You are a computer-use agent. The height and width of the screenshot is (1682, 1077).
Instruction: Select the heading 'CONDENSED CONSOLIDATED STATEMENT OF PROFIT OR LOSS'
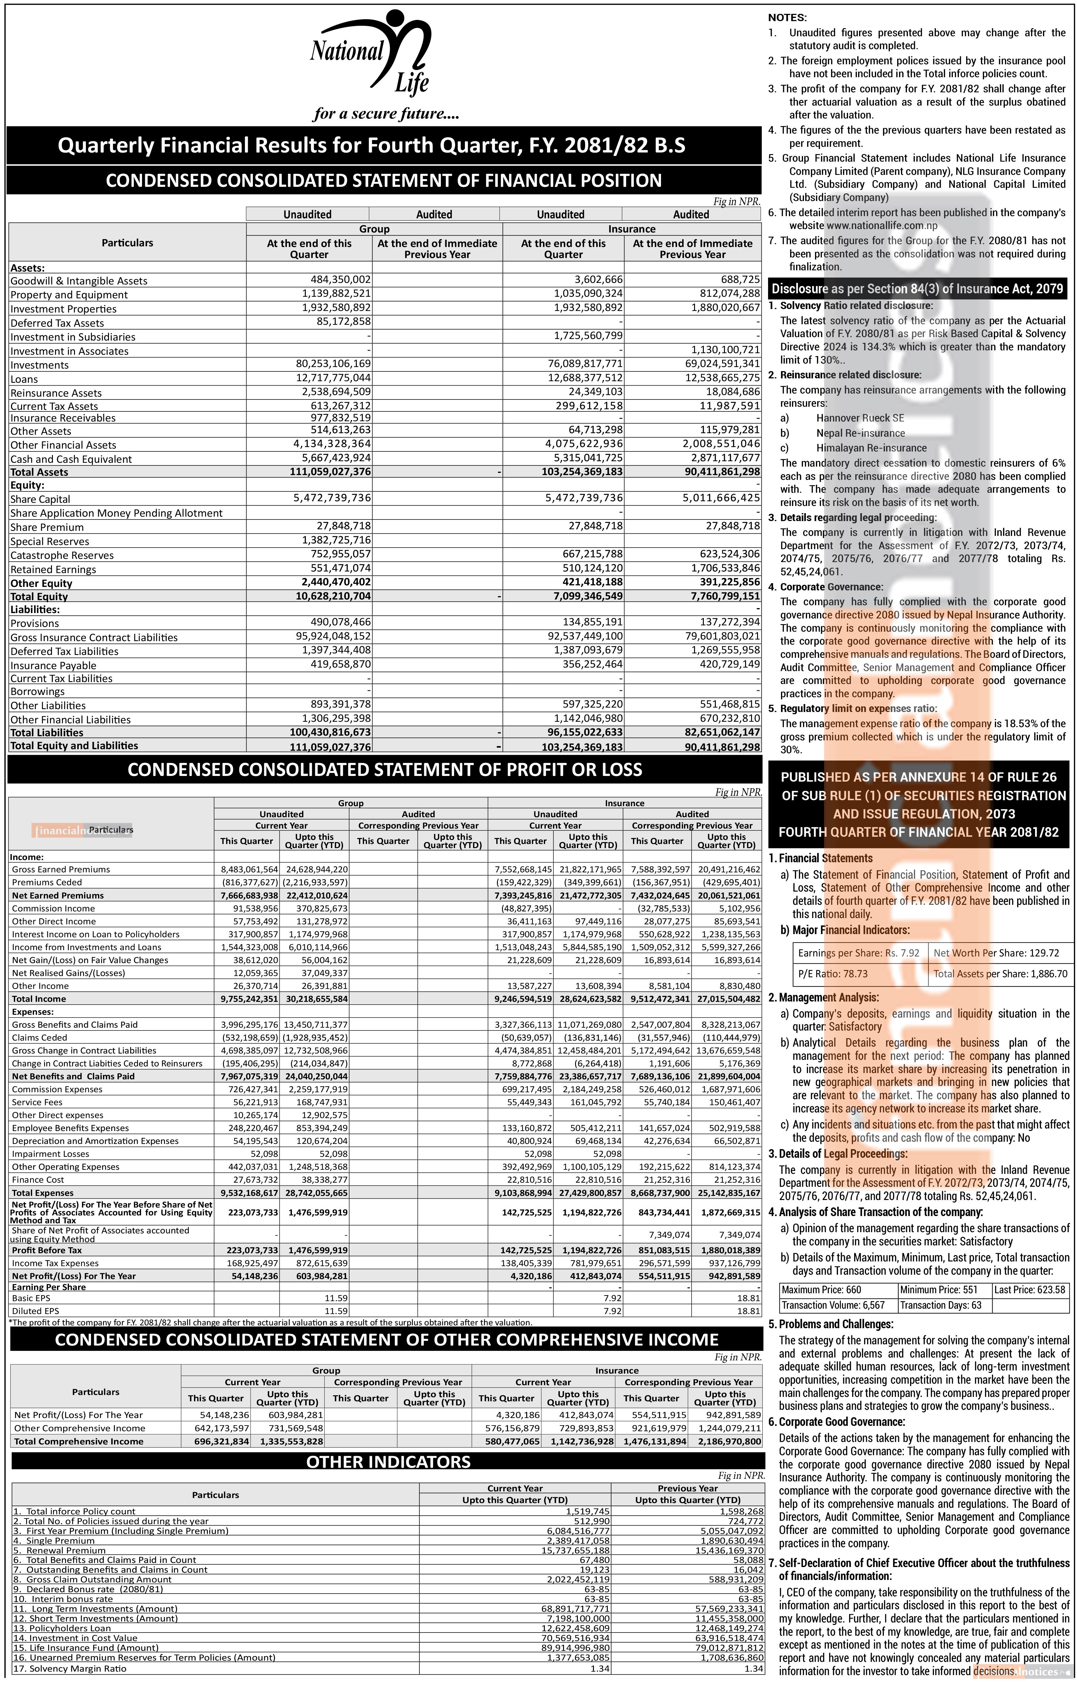[385, 770]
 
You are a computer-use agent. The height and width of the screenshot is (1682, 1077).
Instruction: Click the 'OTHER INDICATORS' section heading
[388, 1461]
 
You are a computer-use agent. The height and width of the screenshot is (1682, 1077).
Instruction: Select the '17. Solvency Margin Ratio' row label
[70, 1669]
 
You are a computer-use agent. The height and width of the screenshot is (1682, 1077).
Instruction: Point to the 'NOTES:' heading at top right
[788, 18]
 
